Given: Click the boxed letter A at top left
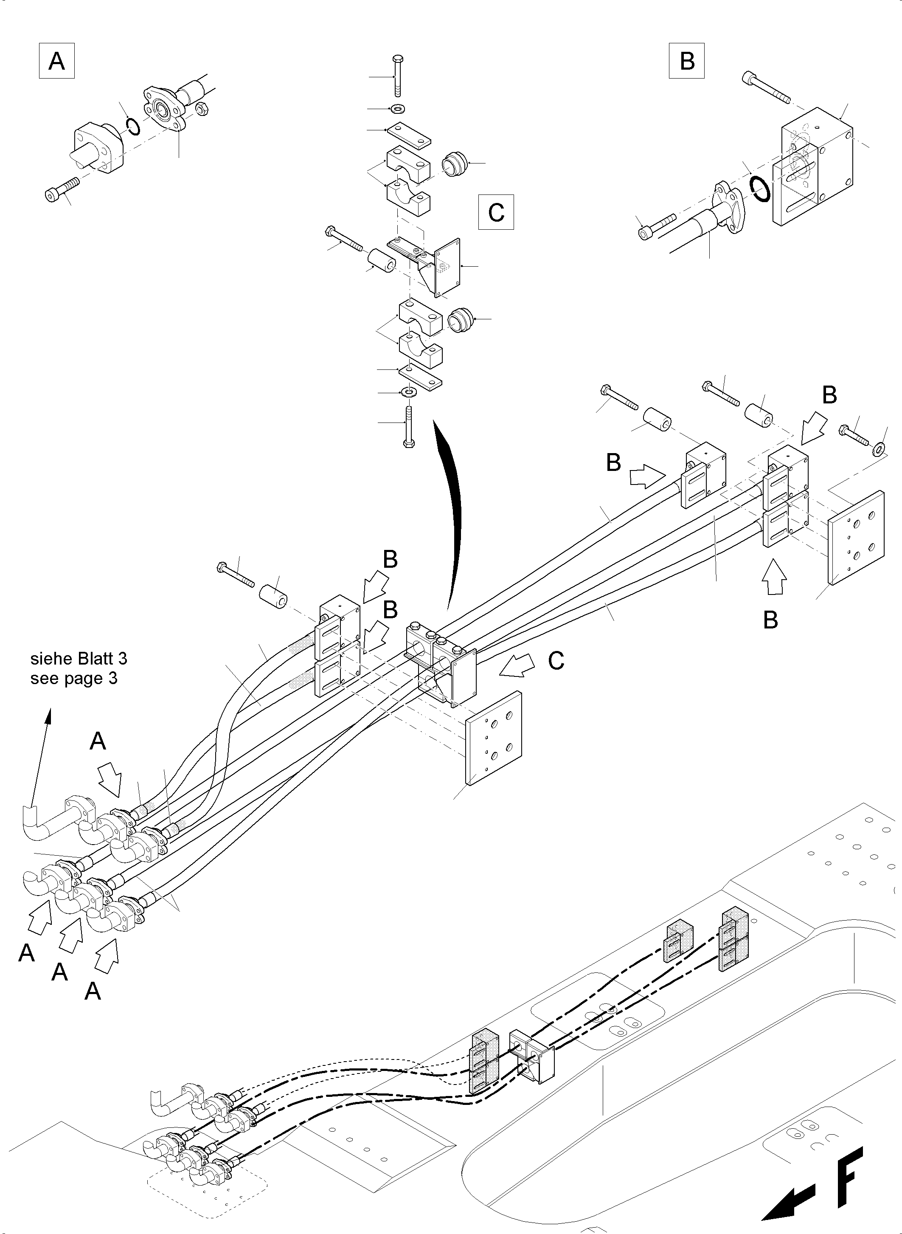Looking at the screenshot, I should [x=57, y=61].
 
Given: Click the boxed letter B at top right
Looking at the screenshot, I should [x=686, y=61].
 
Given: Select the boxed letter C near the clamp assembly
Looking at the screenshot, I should [x=496, y=212].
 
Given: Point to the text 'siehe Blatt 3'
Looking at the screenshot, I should [x=79, y=659].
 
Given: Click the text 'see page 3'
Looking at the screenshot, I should [x=74, y=679].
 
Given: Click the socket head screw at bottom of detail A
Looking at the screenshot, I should [x=62, y=189].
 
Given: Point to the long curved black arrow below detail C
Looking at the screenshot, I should [x=450, y=513].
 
